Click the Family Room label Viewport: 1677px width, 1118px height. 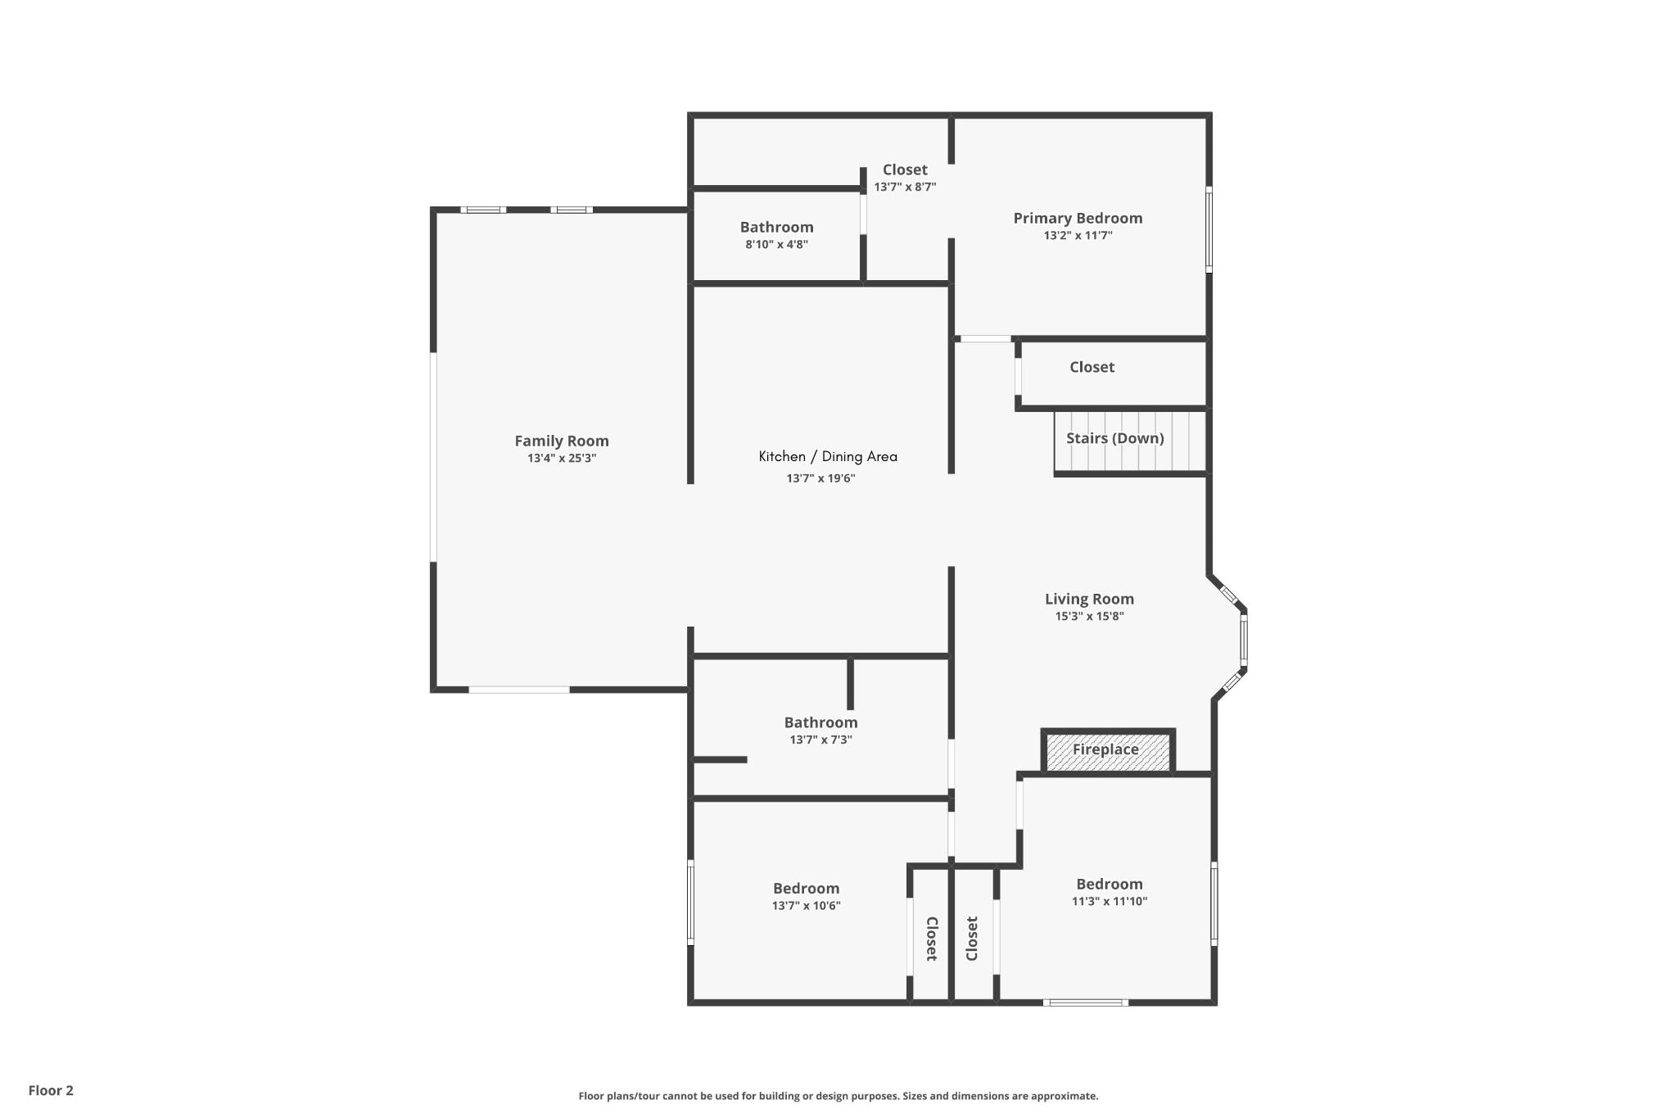pyautogui.click(x=561, y=441)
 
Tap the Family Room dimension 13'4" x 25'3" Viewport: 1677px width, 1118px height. pyautogui.click(x=561, y=459)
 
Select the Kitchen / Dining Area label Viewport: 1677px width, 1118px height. pyautogui.click(x=827, y=456)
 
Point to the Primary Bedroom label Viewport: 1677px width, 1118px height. pyautogui.click(x=1077, y=218)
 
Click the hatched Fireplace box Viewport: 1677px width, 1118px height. pyautogui.click(x=1107, y=751)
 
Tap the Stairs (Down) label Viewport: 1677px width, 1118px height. pyautogui.click(x=1114, y=438)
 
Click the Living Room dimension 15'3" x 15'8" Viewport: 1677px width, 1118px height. pyautogui.click(x=1088, y=617)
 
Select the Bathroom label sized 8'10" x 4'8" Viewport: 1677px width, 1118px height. pyautogui.click(x=776, y=227)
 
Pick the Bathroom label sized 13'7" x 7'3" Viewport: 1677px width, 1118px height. pyautogui.click(x=820, y=722)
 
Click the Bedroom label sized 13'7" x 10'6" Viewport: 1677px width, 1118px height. pyautogui.click(x=806, y=889)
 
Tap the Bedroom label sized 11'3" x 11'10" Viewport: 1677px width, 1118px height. pyautogui.click(x=1109, y=884)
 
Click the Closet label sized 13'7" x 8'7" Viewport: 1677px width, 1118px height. pyautogui.click(x=904, y=170)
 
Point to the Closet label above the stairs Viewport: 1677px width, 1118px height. pyautogui.click(x=1091, y=367)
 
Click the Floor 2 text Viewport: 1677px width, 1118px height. pyautogui.click(x=51, y=1090)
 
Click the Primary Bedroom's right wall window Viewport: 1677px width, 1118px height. pyautogui.click(x=1209, y=229)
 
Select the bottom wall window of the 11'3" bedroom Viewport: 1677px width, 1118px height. pyautogui.click(x=1085, y=1002)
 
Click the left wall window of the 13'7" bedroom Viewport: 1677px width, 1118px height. pyautogui.click(x=690, y=903)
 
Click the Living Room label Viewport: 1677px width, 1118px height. pyautogui.click(x=1088, y=599)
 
